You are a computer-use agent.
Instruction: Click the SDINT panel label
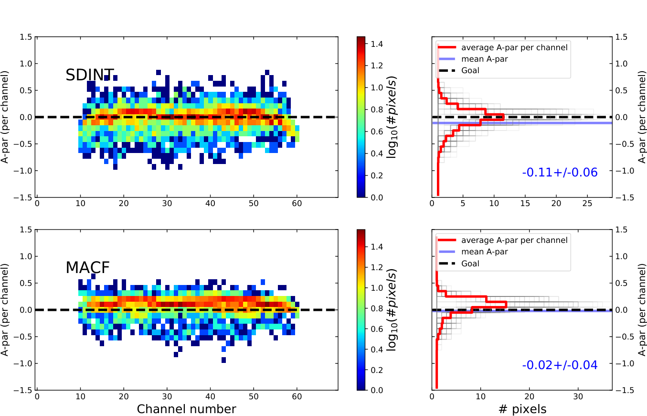[90, 75]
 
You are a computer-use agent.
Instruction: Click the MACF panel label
[88, 268]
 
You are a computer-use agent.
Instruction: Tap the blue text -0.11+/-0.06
[560, 173]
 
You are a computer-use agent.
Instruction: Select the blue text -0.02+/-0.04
[560, 365]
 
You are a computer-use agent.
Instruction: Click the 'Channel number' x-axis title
[186, 409]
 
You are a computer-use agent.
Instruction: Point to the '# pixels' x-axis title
[522, 409]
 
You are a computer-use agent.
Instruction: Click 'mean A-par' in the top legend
[484, 59]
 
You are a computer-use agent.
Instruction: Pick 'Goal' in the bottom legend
[470, 263]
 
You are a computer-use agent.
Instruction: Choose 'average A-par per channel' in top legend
[514, 47]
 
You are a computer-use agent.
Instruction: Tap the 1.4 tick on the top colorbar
[377, 44]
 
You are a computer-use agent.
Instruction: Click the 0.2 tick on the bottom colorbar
[377, 370]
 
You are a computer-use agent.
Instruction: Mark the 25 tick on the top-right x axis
[587, 203]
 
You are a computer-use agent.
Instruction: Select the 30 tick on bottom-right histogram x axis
[578, 396]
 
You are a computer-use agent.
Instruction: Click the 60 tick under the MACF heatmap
[297, 396]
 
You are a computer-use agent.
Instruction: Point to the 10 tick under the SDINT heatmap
[80, 203]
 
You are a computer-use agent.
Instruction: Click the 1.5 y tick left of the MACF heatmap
[26, 230]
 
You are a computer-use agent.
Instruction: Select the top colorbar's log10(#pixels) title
[392, 117]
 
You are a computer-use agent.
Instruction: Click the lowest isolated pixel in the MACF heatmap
[223, 360]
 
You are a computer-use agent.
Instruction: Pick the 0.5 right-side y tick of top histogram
[622, 90]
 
